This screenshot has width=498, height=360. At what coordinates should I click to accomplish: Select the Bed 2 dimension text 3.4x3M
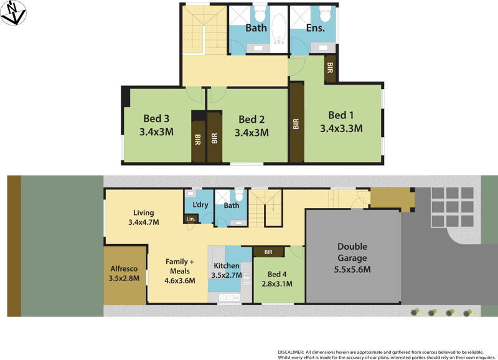[251, 133]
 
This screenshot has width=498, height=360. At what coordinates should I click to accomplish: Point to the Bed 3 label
[156, 118]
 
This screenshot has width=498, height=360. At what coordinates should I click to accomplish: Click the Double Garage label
[352, 252]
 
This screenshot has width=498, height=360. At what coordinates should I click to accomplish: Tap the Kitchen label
[227, 265]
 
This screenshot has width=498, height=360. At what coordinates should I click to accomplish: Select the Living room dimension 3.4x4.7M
[144, 222]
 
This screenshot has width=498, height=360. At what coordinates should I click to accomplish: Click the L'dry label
[200, 205]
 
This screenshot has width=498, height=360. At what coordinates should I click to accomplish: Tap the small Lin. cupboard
[190, 219]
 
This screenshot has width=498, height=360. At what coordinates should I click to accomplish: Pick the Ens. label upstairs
[315, 27]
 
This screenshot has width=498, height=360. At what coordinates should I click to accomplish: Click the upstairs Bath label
[256, 27]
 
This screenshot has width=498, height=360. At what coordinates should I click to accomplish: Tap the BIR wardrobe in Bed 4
[268, 252]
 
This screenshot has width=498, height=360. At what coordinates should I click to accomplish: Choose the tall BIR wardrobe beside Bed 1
[296, 123]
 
